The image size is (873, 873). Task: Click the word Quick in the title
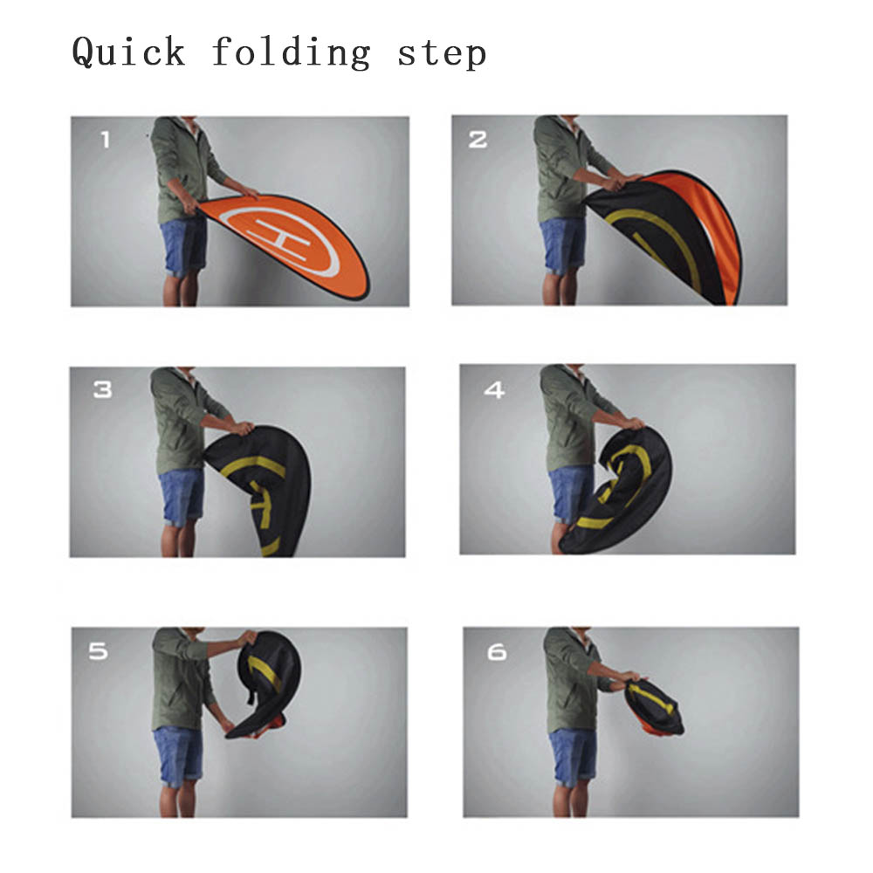click(x=128, y=53)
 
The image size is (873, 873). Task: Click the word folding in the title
click(x=292, y=53)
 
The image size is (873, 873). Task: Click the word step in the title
click(x=442, y=54)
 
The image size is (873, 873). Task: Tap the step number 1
click(x=106, y=139)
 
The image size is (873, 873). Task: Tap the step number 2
click(x=478, y=139)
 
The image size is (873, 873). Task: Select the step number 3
click(x=102, y=389)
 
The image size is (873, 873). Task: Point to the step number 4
click(x=494, y=389)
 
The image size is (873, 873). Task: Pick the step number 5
click(x=98, y=651)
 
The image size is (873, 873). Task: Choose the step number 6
click(x=497, y=652)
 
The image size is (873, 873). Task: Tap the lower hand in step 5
click(x=227, y=726)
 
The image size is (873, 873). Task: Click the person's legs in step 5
click(x=178, y=799)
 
